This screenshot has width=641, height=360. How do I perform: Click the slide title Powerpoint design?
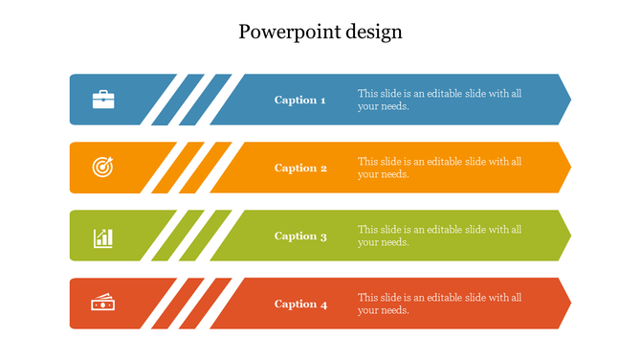click(x=320, y=32)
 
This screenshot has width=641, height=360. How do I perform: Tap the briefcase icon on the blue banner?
click(x=103, y=100)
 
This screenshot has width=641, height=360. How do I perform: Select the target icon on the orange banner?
click(x=103, y=168)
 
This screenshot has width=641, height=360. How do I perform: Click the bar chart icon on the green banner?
click(x=103, y=236)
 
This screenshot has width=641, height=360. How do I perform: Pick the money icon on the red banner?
click(x=103, y=304)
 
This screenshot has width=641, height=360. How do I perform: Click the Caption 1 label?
click(x=300, y=100)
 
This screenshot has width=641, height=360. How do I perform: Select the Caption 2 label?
click(x=300, y=169)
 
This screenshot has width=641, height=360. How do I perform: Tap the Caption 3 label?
click(x=300, y=236)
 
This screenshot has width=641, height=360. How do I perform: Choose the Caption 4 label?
click(x=300, y=304)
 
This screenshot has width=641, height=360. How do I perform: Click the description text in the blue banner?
click(x=439, y=100)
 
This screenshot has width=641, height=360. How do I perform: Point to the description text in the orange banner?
click(x=439, y=168)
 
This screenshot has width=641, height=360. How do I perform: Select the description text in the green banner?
click(x=439, y=236)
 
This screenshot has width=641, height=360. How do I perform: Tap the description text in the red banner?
click(x=439, y=304)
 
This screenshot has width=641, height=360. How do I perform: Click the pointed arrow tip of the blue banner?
click(x=566, y=100)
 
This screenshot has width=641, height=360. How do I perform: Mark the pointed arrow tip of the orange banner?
click(x=566, y=168)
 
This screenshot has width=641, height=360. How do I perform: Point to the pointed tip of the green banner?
click(x=566, y=236)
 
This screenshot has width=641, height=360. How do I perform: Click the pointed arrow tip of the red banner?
click(x=566, y=304)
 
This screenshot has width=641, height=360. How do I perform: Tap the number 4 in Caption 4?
click(x=324, y=305)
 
